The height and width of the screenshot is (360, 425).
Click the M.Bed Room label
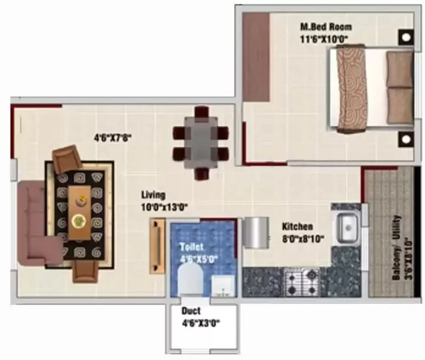tap(326, 27)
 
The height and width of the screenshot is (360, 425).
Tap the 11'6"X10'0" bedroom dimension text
tap(324, 39)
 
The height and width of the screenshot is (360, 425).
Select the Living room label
tap(153, 195)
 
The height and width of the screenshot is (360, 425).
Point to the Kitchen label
tap(298, 226)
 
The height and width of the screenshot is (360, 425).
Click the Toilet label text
tap(191, 247)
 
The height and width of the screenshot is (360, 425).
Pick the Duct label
tap(191, 310)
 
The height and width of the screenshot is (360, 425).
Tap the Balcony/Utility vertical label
tap(396, 247)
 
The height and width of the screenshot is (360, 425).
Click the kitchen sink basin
tap(347, 227)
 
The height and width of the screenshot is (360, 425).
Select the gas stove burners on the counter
tap(302, 282)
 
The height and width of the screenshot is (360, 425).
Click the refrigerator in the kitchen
tap(255, 233)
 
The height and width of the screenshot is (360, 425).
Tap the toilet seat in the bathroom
tap(191, 281)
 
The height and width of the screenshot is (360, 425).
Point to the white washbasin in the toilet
tap(223, 286)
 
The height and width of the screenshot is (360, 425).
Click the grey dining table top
tap(201, 142)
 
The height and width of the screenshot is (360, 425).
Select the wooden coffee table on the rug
tap(79, 213)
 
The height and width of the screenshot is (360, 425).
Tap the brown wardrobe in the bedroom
tap(255, 57)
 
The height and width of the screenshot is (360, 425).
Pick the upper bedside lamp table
tap(406, 37)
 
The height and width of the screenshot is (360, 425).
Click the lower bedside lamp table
tap(406, 139)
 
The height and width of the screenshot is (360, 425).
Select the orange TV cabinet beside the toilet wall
tap(157, 246)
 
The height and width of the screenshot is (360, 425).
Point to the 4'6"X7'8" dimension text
tap(113, 138)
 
